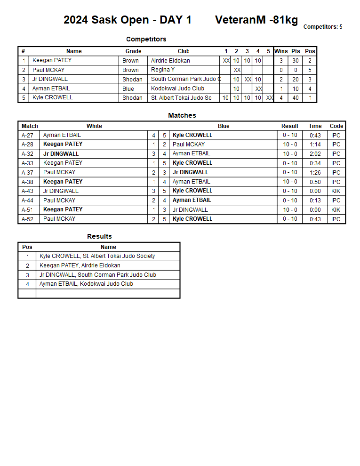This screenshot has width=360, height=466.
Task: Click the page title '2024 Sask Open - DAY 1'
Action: (x=128, y=20)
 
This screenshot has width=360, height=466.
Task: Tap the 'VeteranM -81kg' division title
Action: (x=256, y=20)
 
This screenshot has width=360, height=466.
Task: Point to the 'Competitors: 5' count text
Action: (x=323, y=27)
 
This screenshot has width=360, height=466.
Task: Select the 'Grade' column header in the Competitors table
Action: (x=133, y=51)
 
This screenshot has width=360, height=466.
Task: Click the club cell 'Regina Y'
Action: (x=163, y=70)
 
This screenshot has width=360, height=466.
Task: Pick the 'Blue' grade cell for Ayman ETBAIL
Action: (x=128, y=88)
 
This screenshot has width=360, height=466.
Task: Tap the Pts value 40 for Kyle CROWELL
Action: (x=296, y=98)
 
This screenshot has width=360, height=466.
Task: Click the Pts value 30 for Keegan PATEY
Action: (x=296, y=61)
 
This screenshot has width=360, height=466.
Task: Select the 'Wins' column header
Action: (x=281, y=51)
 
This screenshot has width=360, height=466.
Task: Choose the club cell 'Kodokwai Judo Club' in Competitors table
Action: (x=178, y=88)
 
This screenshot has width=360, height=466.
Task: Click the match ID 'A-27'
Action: (x=27, y=136)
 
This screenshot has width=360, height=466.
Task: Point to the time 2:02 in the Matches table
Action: (x=315, y=154)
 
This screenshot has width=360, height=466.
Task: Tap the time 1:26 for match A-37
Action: (x=315, y=173)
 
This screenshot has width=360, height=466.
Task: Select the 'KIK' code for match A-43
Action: (x=336, y=191)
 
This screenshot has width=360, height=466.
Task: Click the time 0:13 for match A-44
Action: (x=315, y=201)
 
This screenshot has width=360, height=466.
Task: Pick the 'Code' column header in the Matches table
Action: (x=336, y=126)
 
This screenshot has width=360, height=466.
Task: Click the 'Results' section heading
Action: (x=99, y=236)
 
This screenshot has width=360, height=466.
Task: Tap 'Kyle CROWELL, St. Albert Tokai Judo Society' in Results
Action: (x=97, y=256)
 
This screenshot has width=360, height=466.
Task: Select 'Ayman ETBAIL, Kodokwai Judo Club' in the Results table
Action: (x=86, y=284)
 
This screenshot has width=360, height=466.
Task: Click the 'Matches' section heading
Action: (x=182, y=115)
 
